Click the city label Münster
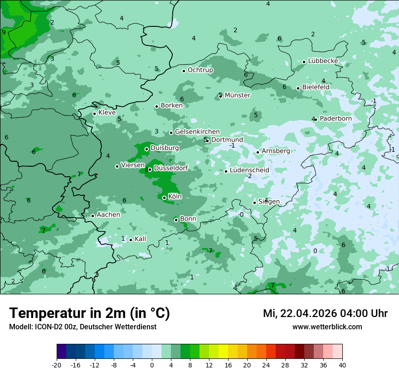click(x=237, y=95)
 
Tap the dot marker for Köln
click(x=164, y=198)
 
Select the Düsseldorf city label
click(x=171, y=169)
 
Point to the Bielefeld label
click(x=316, y=87)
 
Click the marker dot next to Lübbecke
click(x=304, y=62)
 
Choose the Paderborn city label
click(x=336, y=119)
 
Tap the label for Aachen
click(x=108, y=215)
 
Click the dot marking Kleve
click(x=94, y=114)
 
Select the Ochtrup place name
click(x=200, y=70)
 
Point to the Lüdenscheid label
click(x=249, y=170)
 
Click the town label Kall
click(x=140, y=239)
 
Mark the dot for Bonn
click(x=176, y=220)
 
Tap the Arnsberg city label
click(x=276, y=151)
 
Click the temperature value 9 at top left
click(x=4, y=32)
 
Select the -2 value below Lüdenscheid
click(x=248, y=176)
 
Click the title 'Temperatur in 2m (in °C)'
click(x=89, y=313)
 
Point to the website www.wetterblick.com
click(x=327, y=327)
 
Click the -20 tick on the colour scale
click(x=57, y=365)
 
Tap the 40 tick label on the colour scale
click(x=342, y=365)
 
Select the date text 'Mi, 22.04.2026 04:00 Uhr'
click(x=325, y=313)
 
